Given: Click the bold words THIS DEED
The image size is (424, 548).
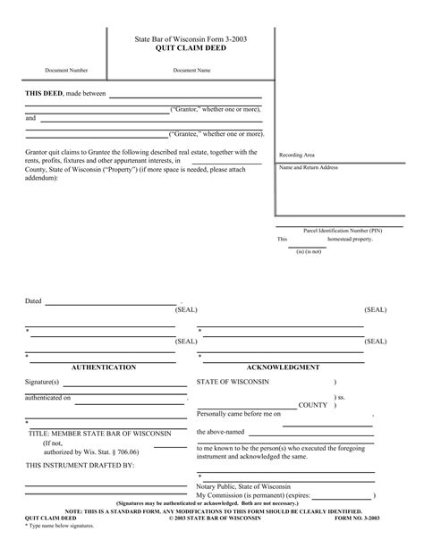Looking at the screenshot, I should click(x=44, y=93).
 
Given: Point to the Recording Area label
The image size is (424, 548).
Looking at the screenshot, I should click(x=297, y=155).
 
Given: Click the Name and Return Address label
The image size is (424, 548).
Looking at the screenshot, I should click(x=309, y=167).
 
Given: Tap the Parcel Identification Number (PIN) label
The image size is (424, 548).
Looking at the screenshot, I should click(x=343, y=230).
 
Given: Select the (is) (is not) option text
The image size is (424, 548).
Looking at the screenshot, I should click(x=310, y=251).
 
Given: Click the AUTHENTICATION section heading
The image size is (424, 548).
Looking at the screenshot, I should click(x=129, y=367).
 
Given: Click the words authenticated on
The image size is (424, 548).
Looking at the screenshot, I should click(x=48, y=397).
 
